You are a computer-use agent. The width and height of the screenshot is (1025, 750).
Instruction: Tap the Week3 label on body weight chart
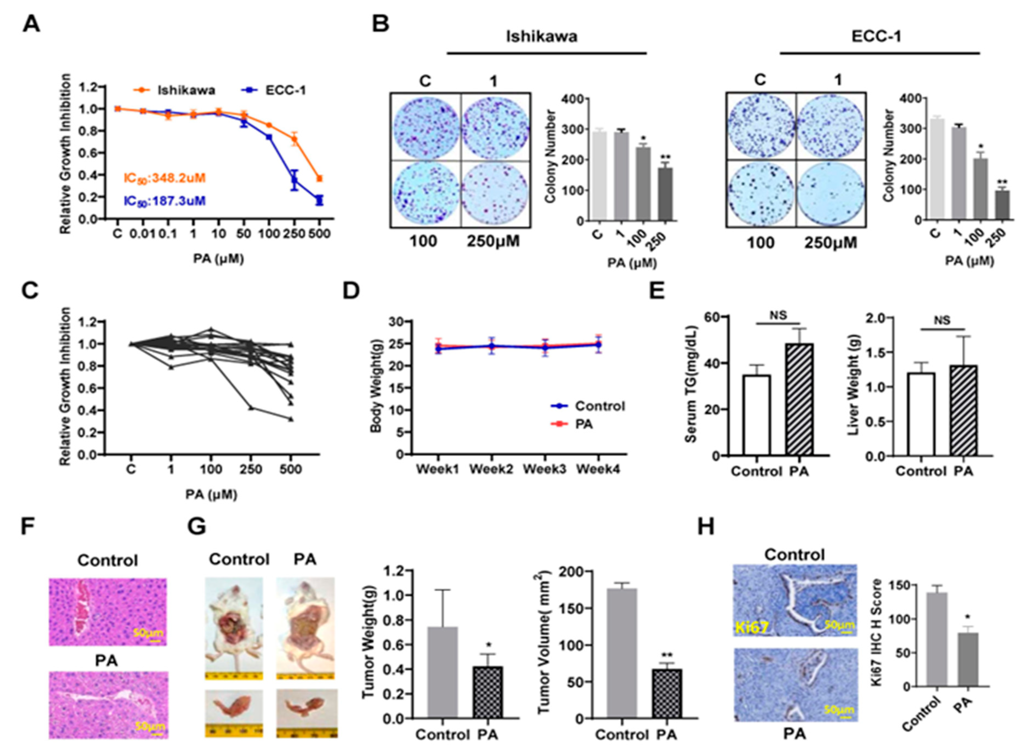pos(545,468)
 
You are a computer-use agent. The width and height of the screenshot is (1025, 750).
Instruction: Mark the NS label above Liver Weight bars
pos(941,321)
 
